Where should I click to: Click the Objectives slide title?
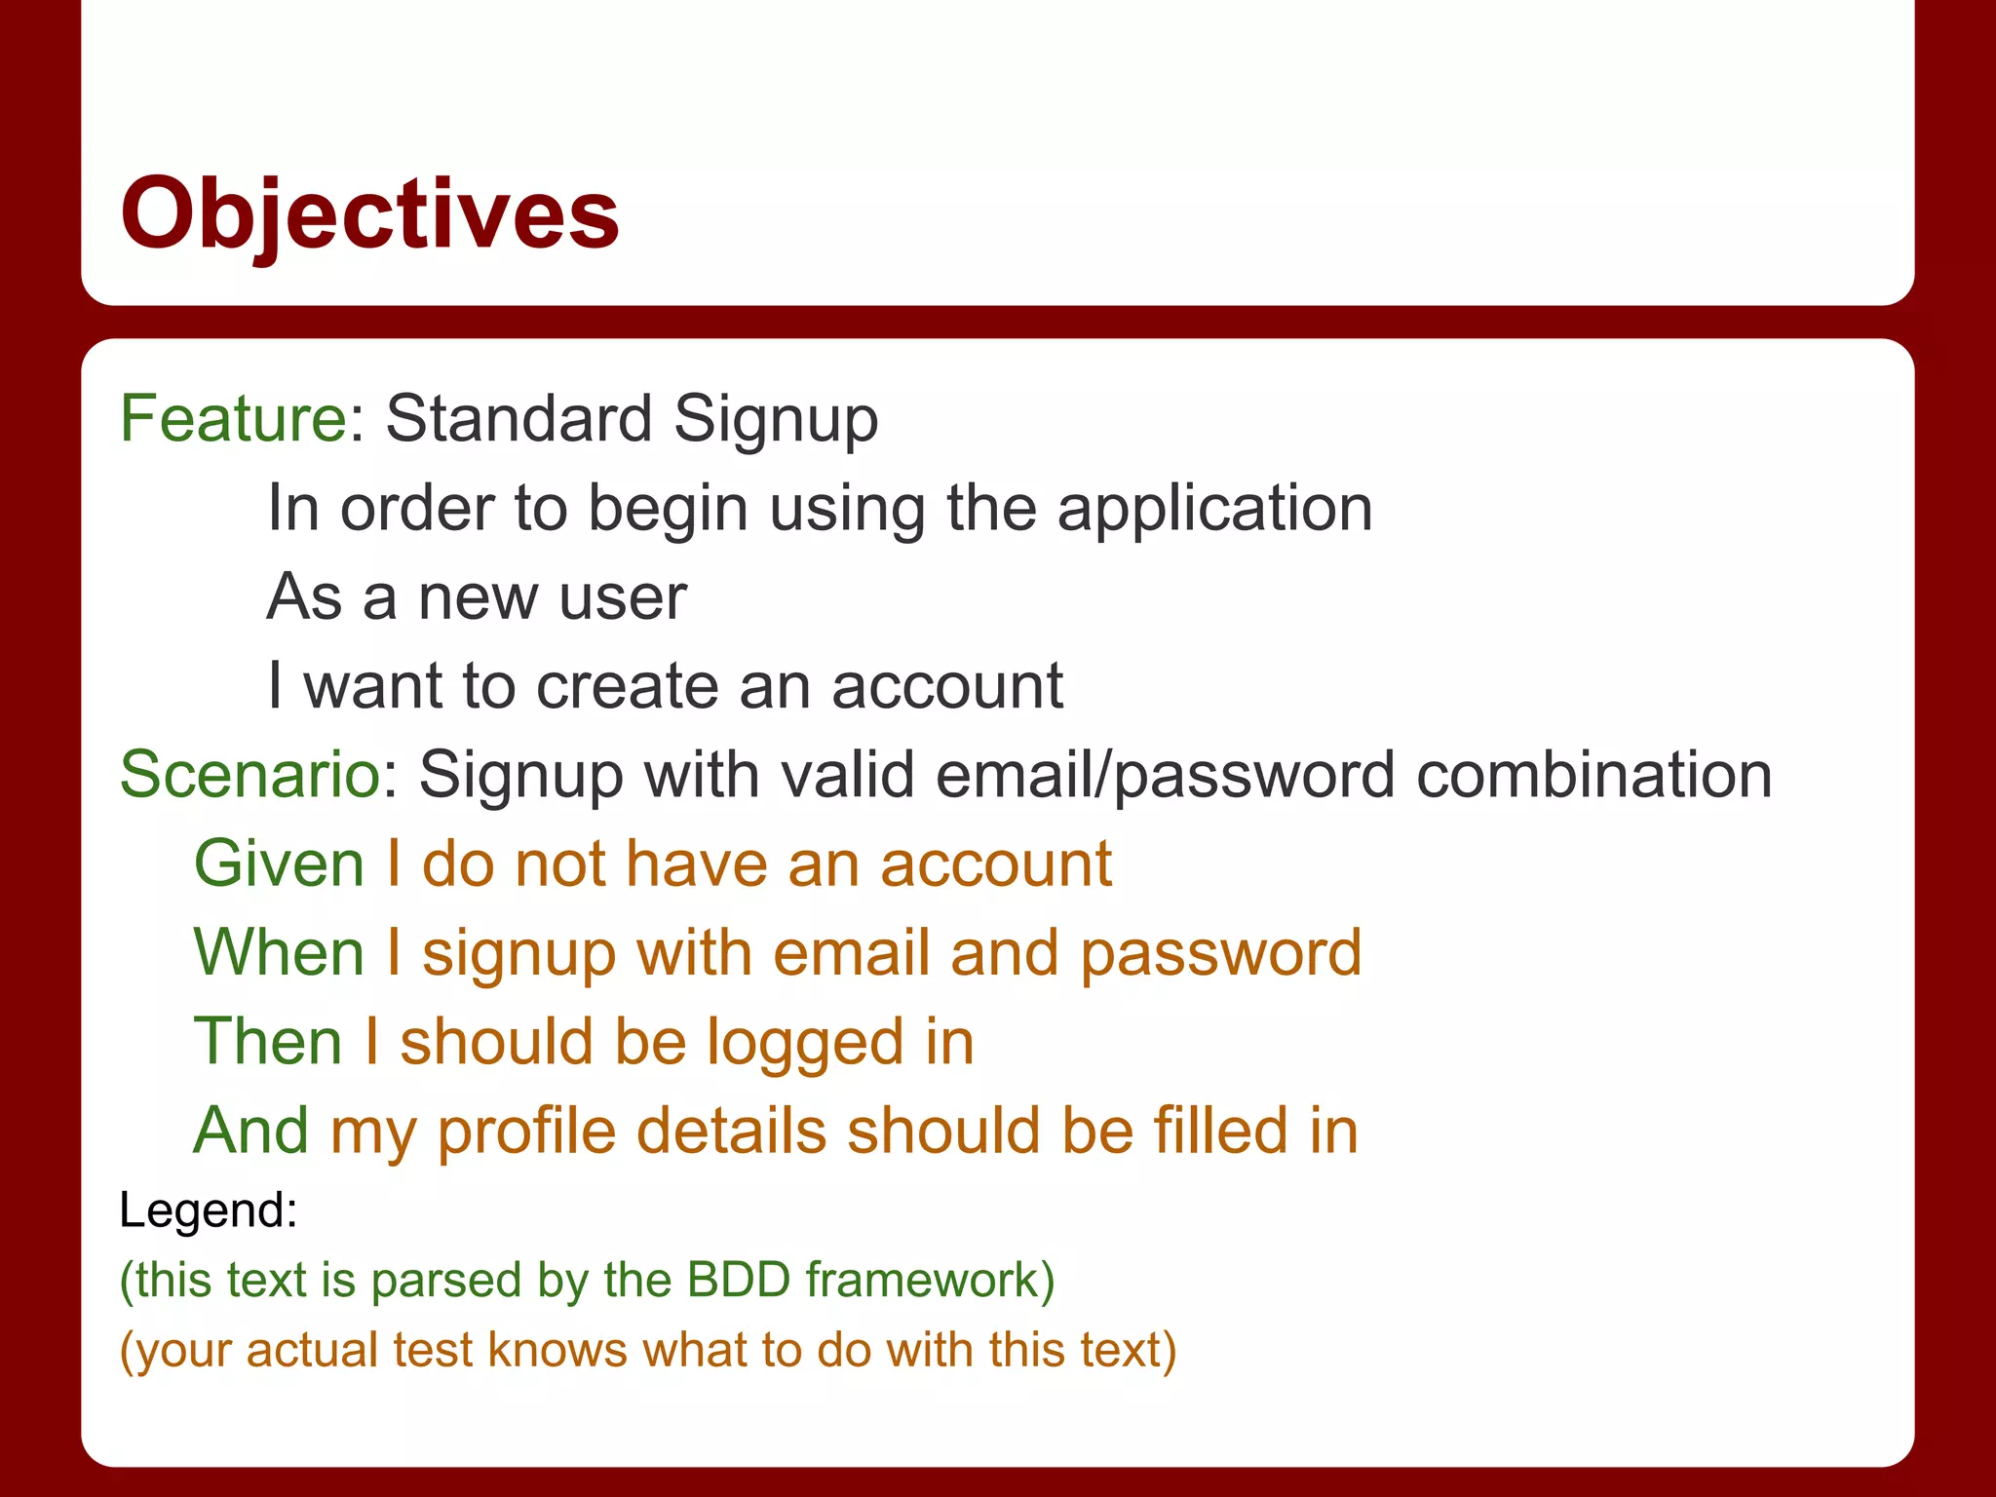point(369,213)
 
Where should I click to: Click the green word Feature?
point(233,419)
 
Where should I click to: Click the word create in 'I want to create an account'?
point(627,686)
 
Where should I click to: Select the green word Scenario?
point(249,776)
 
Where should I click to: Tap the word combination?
point(1593,776)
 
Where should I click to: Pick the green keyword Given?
point(280,864)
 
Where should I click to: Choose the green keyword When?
point(279,953)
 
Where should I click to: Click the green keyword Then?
point(268,1042)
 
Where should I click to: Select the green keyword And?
point(251,1131)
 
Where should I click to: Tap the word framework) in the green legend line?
point(930,1280)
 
